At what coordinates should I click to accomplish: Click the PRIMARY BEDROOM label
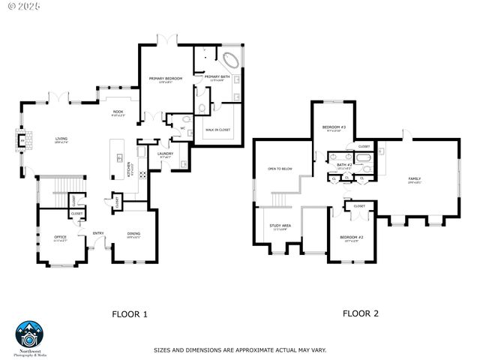[166, 78]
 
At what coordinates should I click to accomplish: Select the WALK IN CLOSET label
[218, 129]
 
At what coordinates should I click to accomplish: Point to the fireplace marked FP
[22, 139]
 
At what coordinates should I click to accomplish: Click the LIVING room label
[61, 138]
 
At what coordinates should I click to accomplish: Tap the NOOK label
[118, 112]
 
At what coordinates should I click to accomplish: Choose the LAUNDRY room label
[166, 154]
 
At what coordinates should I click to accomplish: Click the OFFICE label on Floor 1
[60, 237]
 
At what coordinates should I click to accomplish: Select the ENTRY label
[98, 232]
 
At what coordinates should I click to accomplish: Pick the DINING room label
[133, 232]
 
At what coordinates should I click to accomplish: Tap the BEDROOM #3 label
[334, 127]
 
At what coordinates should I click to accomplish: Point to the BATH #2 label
[344, 164]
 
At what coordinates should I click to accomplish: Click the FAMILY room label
[414, 178]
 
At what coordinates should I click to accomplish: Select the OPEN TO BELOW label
[280, 169]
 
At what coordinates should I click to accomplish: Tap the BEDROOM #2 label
[353, 237]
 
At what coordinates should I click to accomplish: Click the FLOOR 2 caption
[361, 313]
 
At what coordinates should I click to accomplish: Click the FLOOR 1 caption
[130, 313]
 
